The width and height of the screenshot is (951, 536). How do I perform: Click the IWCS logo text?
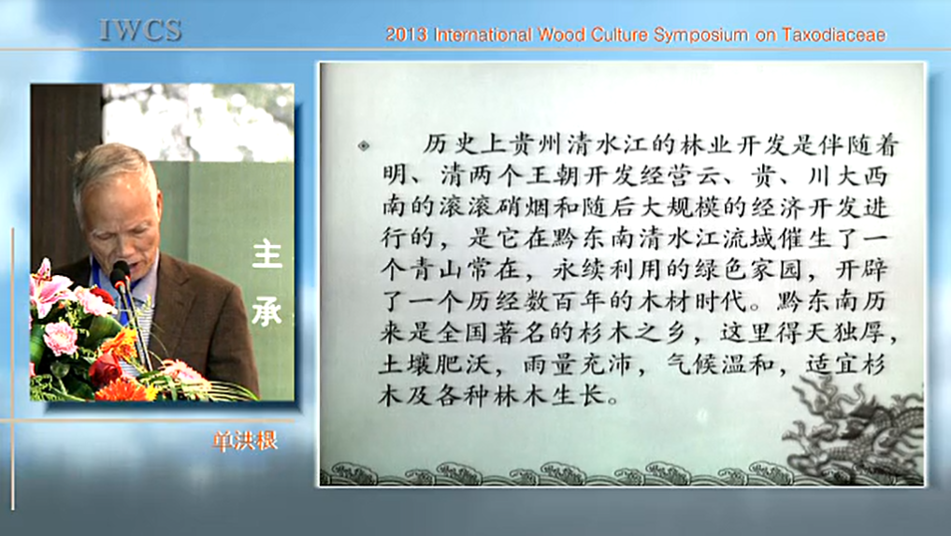click(140, 30)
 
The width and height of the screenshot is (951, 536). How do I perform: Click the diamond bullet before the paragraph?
click(364, 146)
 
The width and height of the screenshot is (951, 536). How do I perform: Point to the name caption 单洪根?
click(245, 442)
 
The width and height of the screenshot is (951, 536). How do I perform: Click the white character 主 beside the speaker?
click(267, 254)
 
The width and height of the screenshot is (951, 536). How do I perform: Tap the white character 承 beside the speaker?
click(267, 311)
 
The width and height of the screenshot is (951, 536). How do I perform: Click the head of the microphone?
click(120, 273)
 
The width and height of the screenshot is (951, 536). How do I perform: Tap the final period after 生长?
click(613, 400)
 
